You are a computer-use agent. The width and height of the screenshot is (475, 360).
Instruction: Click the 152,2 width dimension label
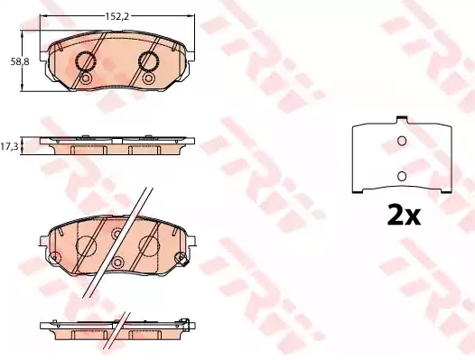(116, 16)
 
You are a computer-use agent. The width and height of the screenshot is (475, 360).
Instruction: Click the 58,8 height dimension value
(20, 61)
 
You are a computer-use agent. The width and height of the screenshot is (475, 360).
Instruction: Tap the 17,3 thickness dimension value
(9, 147)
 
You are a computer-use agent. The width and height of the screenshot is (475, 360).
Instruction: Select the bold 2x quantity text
(404, 215)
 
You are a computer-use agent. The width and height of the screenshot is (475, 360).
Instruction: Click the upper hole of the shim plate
(402, 141)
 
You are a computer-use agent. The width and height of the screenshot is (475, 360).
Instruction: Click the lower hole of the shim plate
(402, 176)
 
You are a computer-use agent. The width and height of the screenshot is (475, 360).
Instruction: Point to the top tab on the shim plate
(402, 120)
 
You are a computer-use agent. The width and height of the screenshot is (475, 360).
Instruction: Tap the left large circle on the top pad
(86, 61)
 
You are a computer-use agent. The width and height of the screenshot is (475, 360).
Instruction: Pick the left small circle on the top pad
(86, 78)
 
